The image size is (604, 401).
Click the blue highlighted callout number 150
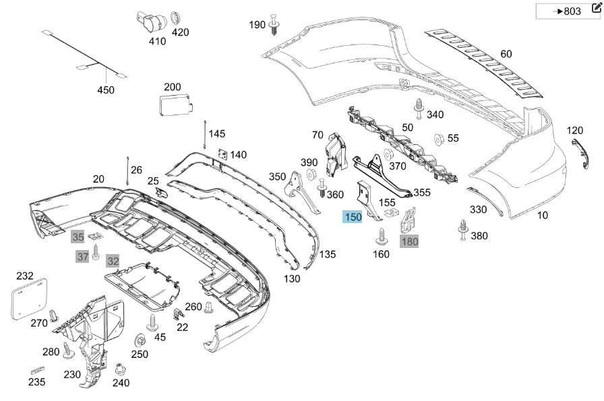[353, 217]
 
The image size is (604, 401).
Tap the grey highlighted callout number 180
[409, 241]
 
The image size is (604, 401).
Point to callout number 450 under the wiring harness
[106, 90]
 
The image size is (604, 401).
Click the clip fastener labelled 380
[463, 229]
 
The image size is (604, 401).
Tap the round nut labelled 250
[140, 340]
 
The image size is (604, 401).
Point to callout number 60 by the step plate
[506, 54]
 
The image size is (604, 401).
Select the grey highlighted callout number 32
[113, 261]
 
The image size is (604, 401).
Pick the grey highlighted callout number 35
[78, 237]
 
